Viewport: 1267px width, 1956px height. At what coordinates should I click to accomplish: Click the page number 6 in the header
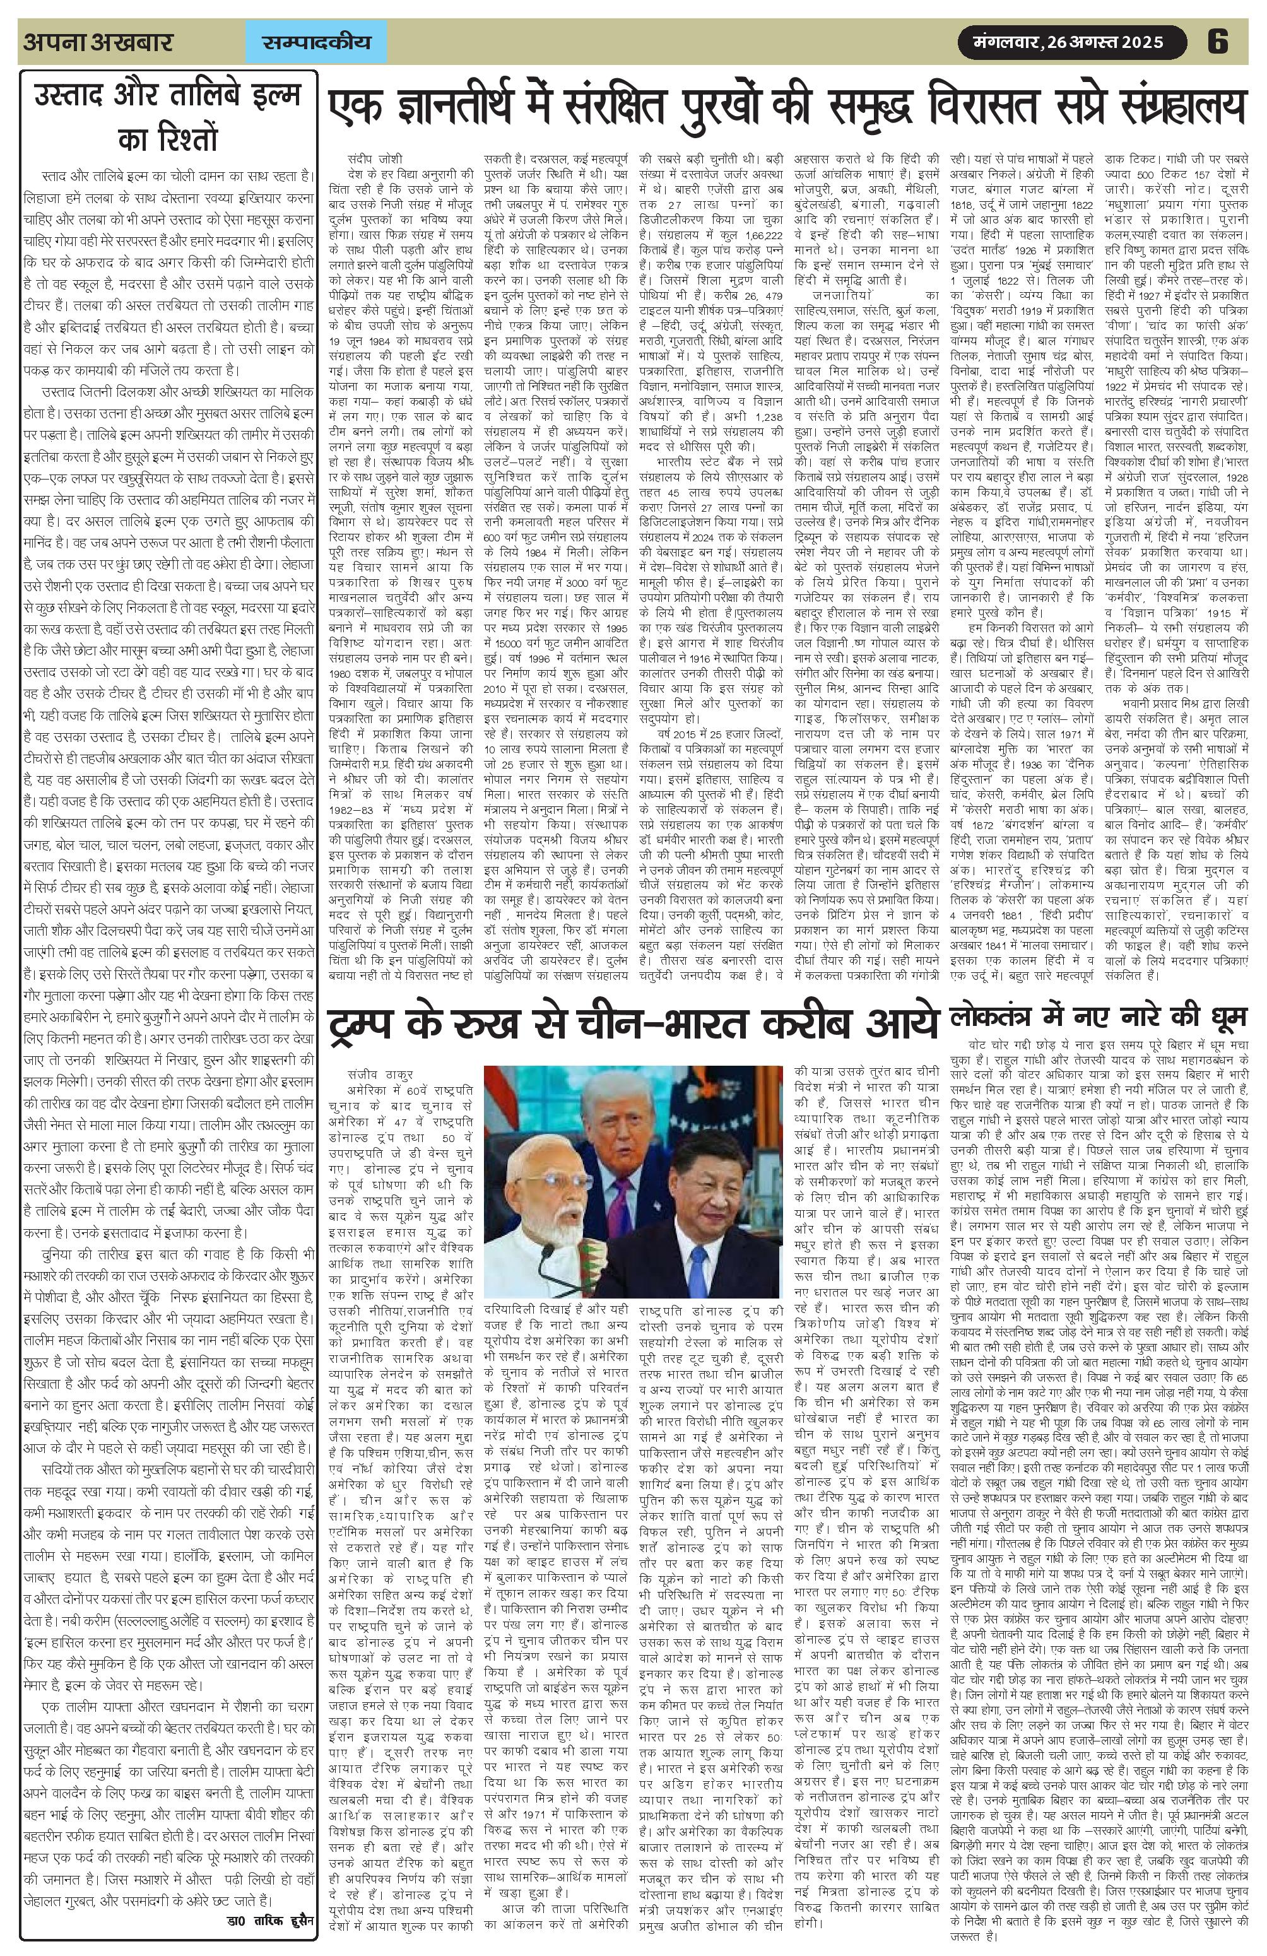(1217, 41)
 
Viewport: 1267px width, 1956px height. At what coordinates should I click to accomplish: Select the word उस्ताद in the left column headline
(76, 97)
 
